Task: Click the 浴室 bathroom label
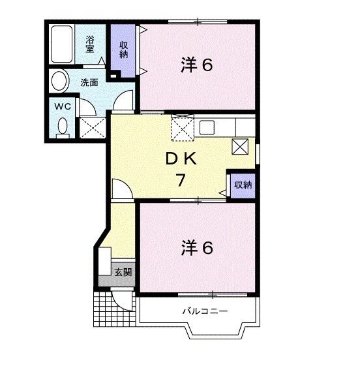pyautogui.click(x=90, y=44)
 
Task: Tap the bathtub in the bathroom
pyautogui.click(x=62, y=44)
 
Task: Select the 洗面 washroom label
pyautogui.click(x=89, y=82)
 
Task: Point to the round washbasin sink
pyautogui.click(x=59, y=82)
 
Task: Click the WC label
pyautogui.click(x=63, y=106)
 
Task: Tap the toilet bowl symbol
pyautogui.click(x=63, y=126)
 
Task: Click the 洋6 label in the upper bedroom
pyautogui.click(x=197, y=65)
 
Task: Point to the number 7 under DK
pyautogui.click(x=180, y=182)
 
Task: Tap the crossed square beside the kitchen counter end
pyautogui.click(x=241, y=146)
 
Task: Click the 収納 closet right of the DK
pyautogui.click(x=243, y=185)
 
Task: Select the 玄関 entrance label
pyautogui.click(x=123, y=271)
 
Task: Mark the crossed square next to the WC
pyautogui.click(x=92, y=126)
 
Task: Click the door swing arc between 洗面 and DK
pyautogui.click(x=124, y=101)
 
